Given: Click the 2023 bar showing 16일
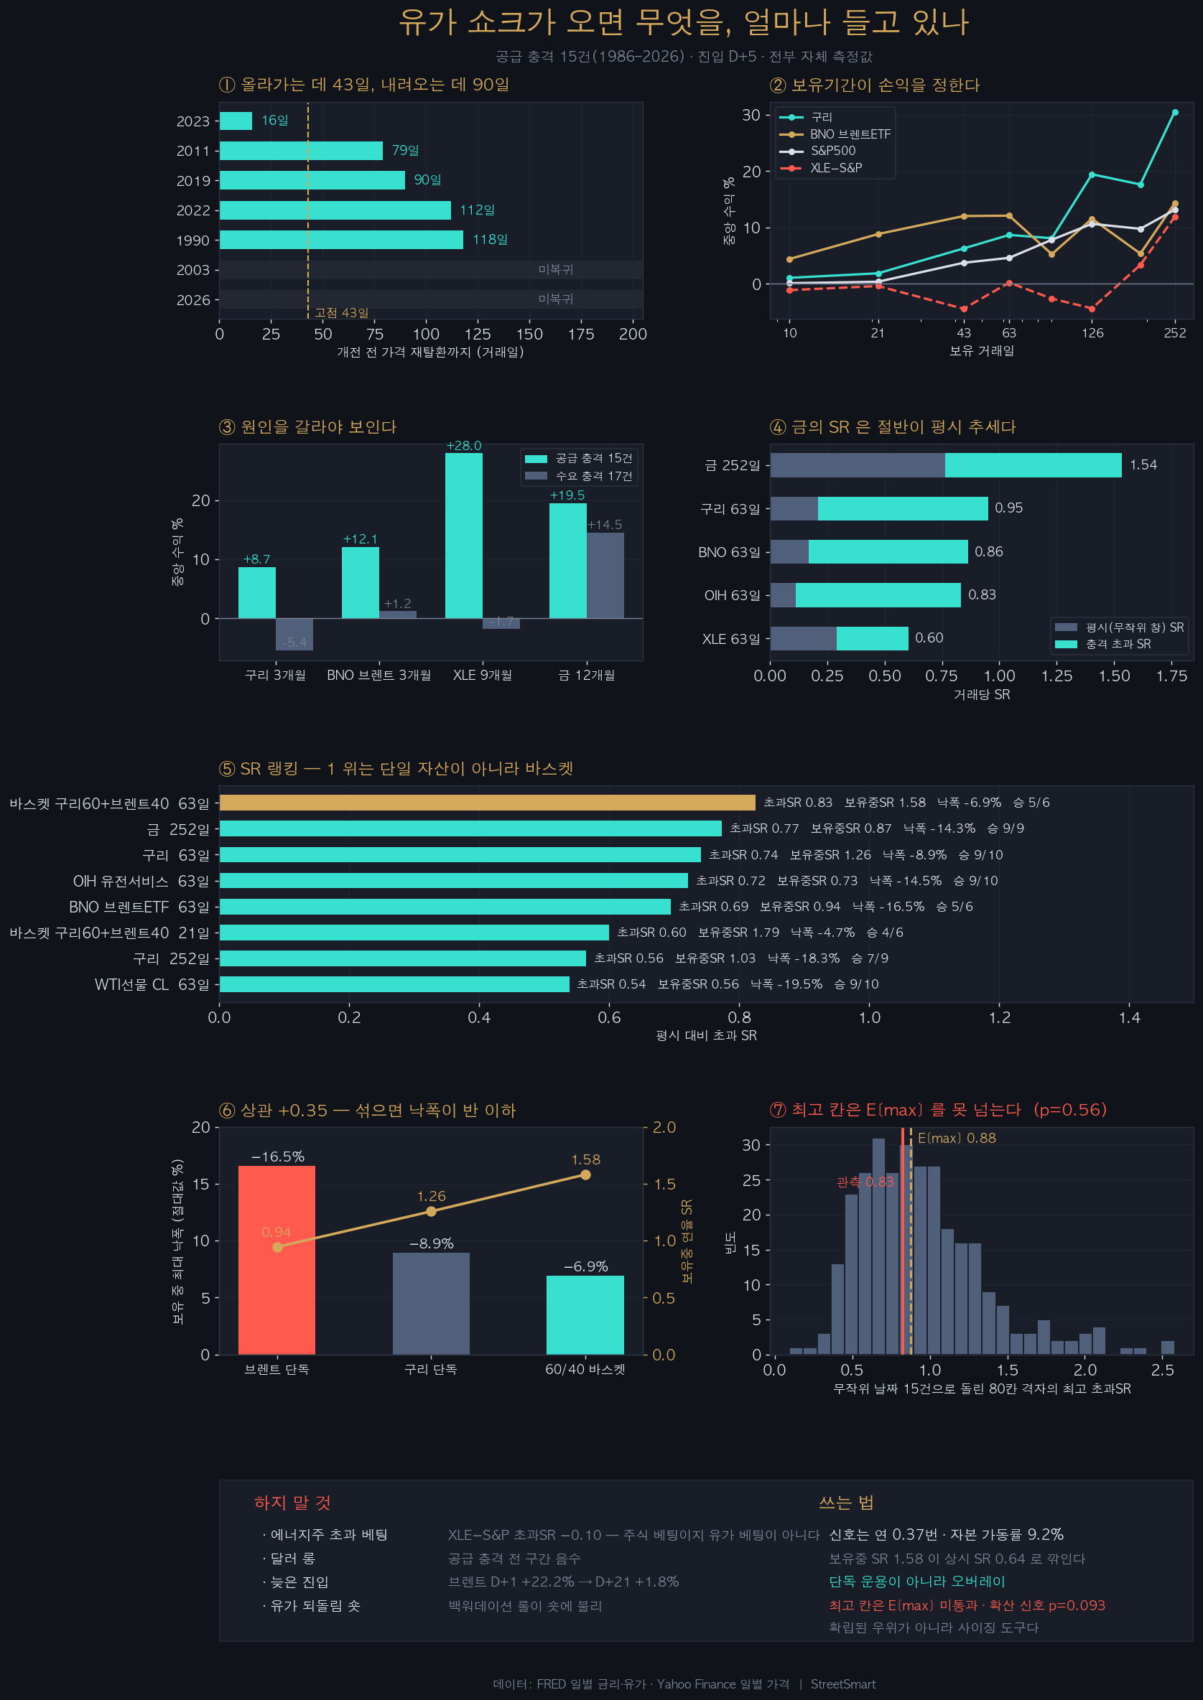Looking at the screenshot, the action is [236, 121].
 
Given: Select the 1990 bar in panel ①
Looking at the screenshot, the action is [341, 240].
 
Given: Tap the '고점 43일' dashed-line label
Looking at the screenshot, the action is [341, 312].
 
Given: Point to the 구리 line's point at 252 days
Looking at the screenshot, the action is [1175, 113].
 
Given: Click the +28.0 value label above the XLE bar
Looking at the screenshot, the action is [464, 446].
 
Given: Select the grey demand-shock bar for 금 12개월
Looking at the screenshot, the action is [605, 575].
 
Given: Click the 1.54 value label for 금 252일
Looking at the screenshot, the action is [1143, 465].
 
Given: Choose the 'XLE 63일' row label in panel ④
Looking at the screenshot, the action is [731, 639].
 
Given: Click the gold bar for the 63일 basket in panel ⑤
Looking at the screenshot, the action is [488, 803].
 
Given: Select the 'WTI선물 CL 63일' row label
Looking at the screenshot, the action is [152, 985].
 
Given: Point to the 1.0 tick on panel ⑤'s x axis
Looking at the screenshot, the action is [870, 1017].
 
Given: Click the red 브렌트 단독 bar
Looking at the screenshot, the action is [277, 1260].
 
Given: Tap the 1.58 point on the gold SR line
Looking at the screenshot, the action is [585, 1175].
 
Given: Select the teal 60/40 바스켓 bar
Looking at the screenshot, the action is [585, 1315].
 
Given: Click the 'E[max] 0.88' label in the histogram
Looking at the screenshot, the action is [957, 1138].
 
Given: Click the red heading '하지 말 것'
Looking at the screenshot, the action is [292, 1503].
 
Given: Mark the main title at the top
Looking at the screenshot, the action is [684, 22].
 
